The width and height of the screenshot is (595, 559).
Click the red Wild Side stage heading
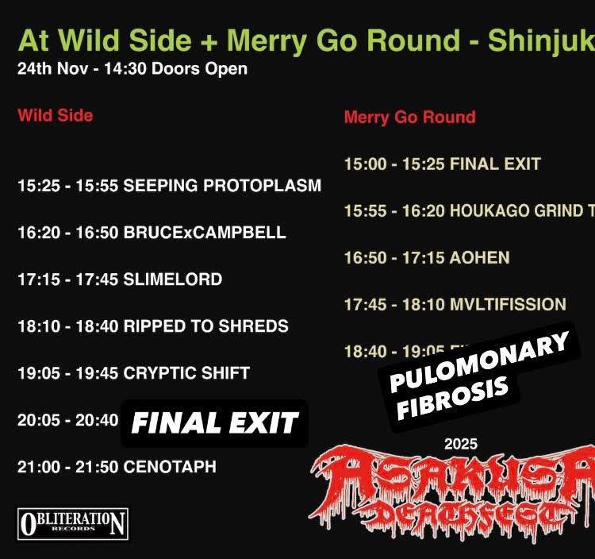point(56,116)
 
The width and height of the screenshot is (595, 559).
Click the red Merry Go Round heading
point(409,118)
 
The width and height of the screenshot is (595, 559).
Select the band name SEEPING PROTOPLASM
point(222,186)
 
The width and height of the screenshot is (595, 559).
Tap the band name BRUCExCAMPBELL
point(205,233)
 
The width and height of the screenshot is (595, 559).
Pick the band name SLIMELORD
point(173,279)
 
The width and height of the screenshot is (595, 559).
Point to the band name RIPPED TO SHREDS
point(205,326)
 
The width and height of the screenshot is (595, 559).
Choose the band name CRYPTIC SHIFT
point(186,373)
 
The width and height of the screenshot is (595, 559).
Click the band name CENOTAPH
point(170,467)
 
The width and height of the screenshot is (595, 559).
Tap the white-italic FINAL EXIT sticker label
point(214,423)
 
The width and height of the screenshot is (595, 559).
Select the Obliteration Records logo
point(73,523)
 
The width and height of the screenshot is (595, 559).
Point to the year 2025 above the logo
point(461,444)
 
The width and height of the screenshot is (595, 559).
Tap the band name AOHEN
point(479,258)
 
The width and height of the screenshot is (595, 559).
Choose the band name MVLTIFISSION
point(508,304)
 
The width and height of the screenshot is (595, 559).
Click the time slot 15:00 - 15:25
point(393,164)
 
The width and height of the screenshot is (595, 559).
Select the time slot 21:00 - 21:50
point(67,467)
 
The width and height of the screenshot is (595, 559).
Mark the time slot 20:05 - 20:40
point(67,420)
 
